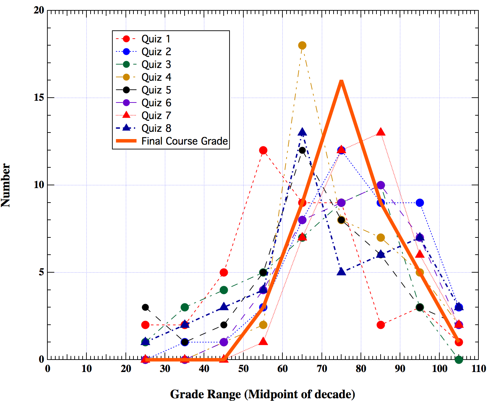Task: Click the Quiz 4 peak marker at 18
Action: click(x=302, y=45)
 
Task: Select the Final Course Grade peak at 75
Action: click(x=342, y=81)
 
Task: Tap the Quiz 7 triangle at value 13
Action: click(x=381, y=132)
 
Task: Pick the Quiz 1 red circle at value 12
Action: click(x=263, y=150)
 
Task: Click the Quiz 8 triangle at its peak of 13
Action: click(x=302, y=132)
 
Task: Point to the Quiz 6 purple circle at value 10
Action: click(x=381, y=185)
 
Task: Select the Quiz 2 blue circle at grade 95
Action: click(x=420, y=203)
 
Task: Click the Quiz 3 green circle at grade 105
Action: click(x=459, y=360)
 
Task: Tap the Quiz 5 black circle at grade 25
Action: click(x=146, y=307)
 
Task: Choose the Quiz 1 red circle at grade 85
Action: click(x=381, y=325)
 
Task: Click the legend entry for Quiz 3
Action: click(x=156, y=65)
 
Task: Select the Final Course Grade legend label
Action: click(x=185, y=141)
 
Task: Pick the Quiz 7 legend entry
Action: click(x=156, y=116)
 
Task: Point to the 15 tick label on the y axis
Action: click(x=39, y=98)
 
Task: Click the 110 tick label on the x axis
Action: click(x=478, y=369)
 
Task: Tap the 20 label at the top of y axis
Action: click(x=39, y=10)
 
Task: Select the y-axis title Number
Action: click(x=6, y=185)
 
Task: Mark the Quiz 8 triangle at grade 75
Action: click(x=342, y=272)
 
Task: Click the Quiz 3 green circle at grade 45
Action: click(x=224, y=290)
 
